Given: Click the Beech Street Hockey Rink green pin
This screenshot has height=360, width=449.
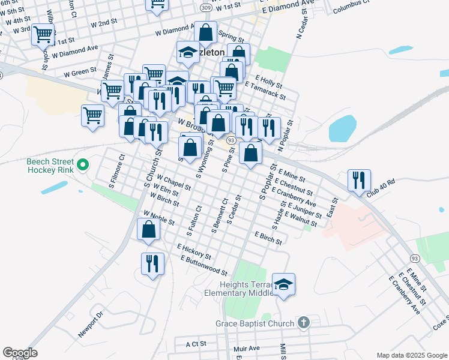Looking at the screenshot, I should click(83, 164).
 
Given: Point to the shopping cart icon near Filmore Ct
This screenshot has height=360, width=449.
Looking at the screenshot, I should click(92, 115).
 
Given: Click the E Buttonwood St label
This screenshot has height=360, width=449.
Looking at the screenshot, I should click(203, 265).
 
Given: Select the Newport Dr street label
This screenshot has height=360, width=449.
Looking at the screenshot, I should click(91, 323).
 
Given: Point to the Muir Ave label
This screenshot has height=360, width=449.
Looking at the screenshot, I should click(247, 347).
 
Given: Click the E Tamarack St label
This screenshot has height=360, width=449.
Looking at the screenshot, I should click(264, 90).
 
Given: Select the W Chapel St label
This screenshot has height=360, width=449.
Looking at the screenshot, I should click(173, 182).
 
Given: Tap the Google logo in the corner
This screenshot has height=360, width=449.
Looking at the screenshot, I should click(19, 353).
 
